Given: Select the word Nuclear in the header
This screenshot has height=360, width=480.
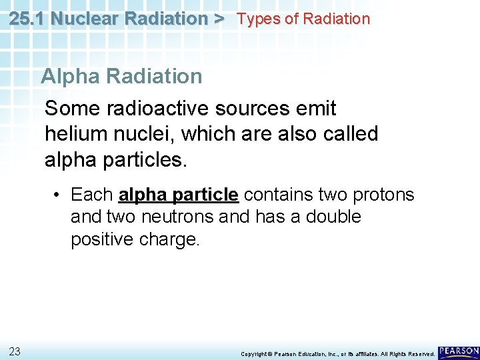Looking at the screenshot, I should point(82,19).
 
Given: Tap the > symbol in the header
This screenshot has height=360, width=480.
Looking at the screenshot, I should point(219,19).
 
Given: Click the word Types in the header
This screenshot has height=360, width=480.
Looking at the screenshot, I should point(259,19).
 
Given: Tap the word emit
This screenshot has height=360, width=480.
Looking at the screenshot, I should point(316,108).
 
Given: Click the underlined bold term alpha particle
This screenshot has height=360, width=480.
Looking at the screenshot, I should point(178,195).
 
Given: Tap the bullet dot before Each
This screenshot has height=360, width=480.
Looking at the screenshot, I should point(59,195).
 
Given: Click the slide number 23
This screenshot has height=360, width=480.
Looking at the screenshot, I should point(15,351).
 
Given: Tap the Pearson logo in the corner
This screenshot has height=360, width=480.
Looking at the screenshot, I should point(459,351).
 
